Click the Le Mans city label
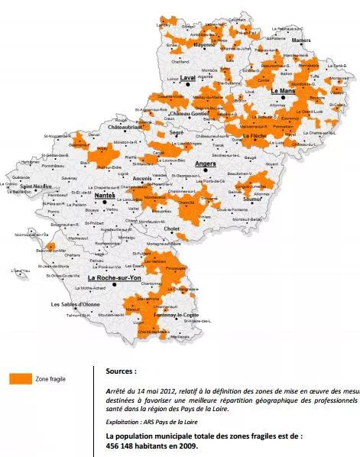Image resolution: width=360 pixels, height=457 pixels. point(284,91)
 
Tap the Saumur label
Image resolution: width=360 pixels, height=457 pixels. point(251,199)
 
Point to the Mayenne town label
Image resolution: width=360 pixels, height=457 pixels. point(205,45)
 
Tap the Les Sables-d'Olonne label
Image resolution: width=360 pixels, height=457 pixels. point(76,305)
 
